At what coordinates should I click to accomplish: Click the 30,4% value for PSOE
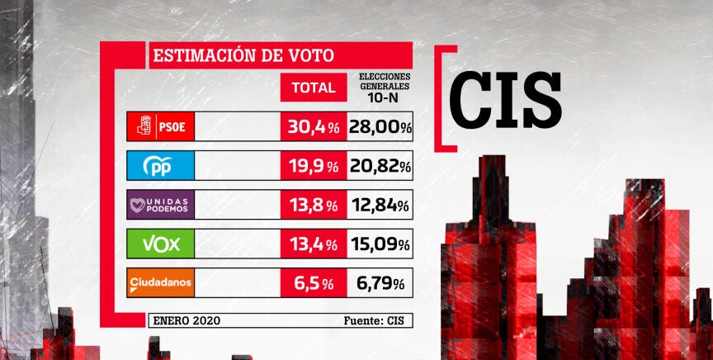314,127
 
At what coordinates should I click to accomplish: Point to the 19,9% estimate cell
314,167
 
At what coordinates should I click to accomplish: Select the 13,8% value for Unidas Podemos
314,206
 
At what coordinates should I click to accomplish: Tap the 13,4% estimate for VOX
314,244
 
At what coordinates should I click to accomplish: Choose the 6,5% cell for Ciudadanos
314,284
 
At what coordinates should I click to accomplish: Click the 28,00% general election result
380,127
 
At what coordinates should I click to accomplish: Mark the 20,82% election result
380,167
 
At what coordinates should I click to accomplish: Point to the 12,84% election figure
380,206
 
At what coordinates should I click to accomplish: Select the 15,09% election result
380,244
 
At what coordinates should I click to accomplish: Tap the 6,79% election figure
380,284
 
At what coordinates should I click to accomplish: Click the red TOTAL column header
314,88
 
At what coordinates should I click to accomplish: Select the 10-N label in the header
385,96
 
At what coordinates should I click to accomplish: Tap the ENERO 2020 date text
187,320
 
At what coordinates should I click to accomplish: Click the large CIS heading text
505,98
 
